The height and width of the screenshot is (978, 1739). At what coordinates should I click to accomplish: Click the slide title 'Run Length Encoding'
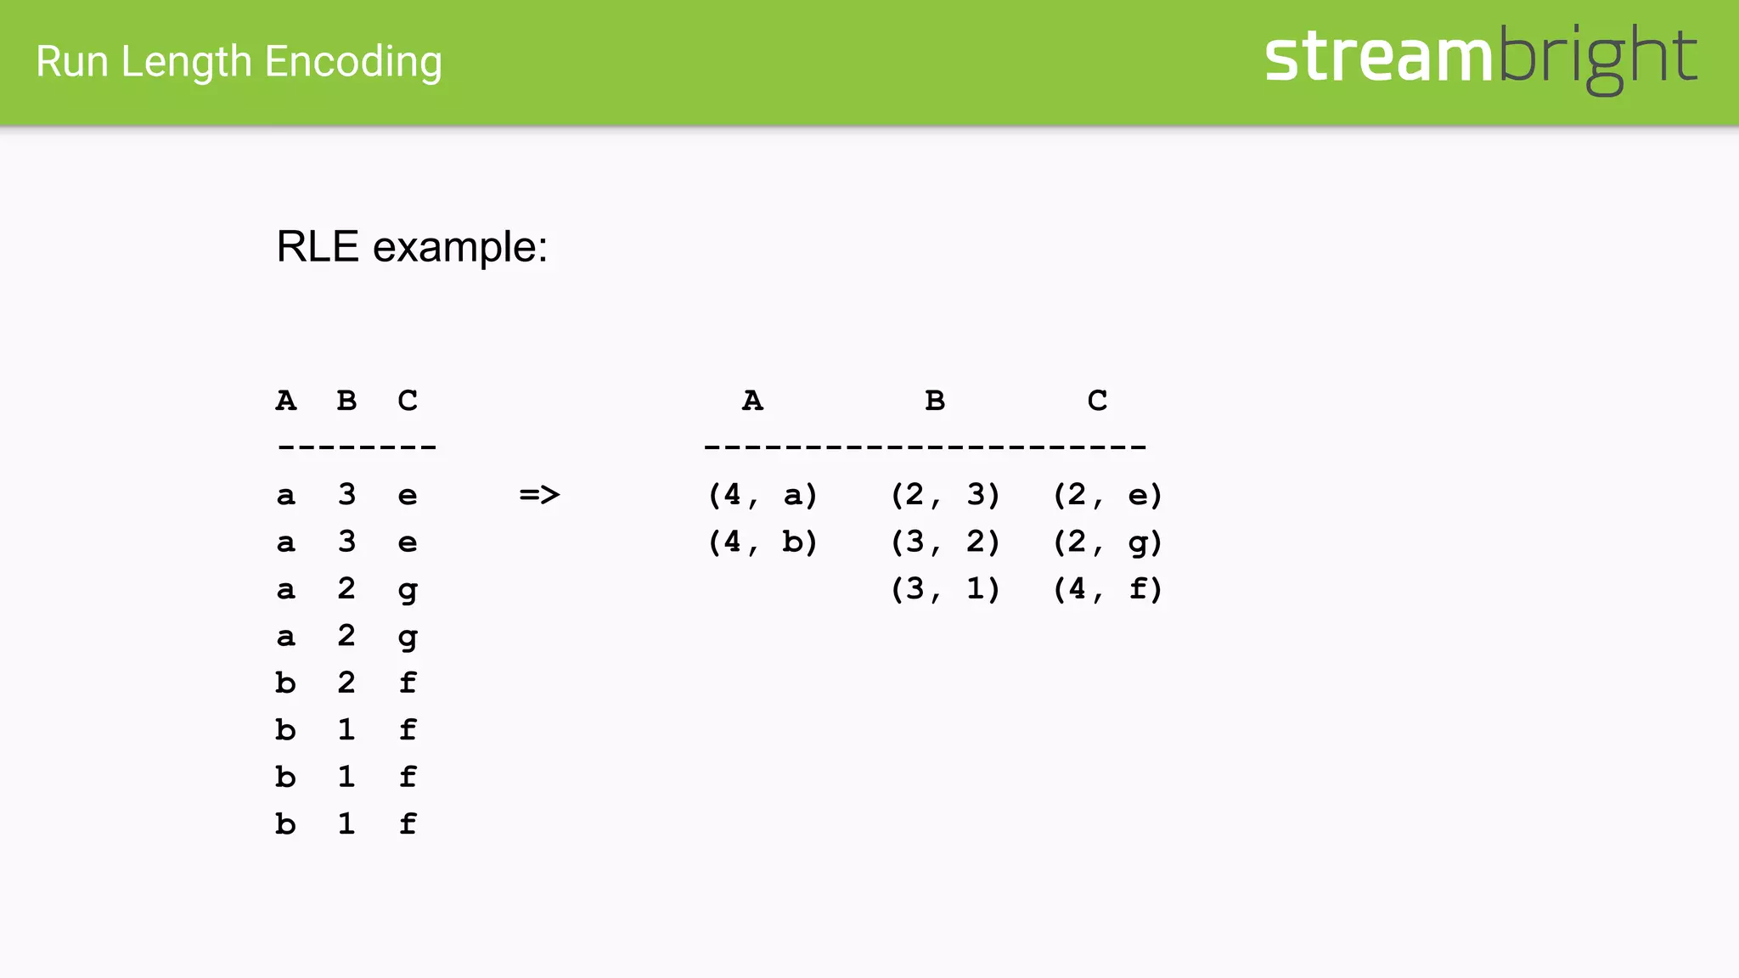click(x=239, y=62)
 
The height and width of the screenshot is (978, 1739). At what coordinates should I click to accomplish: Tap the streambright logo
click(x=1480, y=58)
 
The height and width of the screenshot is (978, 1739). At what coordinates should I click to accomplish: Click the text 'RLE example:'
click(x=412, y=247)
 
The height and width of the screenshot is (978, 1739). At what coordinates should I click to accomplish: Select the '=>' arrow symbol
click(x=539, y=494)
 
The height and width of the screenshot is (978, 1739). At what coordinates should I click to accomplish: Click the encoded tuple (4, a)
click(x=763, y=494)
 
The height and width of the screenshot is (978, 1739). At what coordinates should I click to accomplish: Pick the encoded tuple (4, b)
click(x=763, y=542)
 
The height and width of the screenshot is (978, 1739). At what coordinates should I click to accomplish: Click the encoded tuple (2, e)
click(x=1107, y=494)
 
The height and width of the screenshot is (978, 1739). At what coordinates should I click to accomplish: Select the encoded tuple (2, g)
click(x=1107, y=542)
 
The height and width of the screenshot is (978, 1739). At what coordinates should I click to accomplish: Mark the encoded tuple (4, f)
click(x=1107, y=588)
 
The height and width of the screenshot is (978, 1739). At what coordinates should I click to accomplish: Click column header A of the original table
click(x=286, y=400)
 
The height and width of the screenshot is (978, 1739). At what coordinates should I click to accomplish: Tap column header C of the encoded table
click(x=1097, y=400)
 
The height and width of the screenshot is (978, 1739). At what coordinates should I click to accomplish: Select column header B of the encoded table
click(x=935, y=400)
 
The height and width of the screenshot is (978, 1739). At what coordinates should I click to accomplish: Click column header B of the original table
click(x=346, y=400)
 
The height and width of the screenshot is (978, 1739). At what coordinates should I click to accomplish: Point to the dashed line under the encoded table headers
click(x=925, y=447)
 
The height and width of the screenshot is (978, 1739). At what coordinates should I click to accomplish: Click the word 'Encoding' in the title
click(x=353, y=63)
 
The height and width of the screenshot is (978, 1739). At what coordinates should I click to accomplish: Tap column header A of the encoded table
click(x=752, y=400)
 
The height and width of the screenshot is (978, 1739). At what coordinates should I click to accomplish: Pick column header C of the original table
click(x=408, y=400)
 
